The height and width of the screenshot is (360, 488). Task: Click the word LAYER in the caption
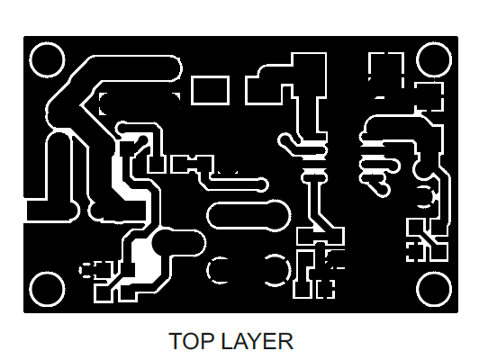(258, 341)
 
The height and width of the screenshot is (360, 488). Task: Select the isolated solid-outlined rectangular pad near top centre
(210, 90)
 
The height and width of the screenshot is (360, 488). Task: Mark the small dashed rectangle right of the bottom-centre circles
(326, 289)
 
